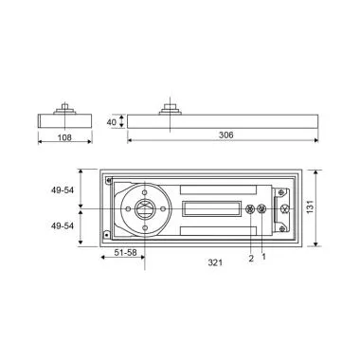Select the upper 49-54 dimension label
click(63, 189)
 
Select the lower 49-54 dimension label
click(63, 226)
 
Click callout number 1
click(263, 257)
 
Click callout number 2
click(250, 257)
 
